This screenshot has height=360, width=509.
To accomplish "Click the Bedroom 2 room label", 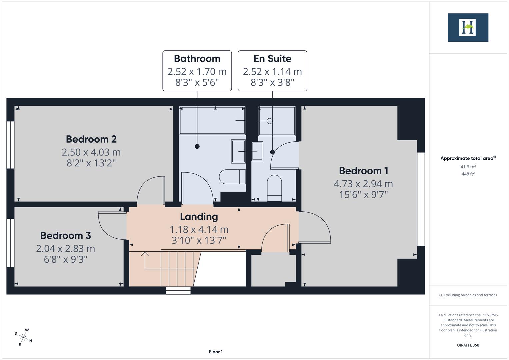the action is (x=91, y=139).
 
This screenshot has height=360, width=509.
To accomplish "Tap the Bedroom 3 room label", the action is (x=65, y=235).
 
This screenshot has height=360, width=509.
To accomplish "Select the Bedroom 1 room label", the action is (x=363, y=171).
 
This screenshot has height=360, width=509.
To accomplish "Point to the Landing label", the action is (x=199, y=217).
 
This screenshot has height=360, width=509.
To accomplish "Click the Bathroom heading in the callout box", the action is (x=197, y=59).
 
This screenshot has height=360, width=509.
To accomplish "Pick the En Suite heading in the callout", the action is (x=272, y=59).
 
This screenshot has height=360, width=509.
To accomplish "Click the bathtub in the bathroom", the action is (x=212, y=120).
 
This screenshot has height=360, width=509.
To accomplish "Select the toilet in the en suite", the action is (x=274, y=188).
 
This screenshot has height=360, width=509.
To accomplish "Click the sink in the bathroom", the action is (x=238, y=151).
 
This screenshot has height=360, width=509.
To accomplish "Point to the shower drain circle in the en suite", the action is (x=269, y=121).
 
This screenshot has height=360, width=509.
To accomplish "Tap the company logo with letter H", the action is (x=468, y=27).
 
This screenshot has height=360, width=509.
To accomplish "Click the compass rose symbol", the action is (x=23, y=337).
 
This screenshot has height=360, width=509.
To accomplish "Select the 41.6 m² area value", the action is (x=468, y=167).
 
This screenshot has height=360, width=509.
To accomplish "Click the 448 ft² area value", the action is (x=468, y=174).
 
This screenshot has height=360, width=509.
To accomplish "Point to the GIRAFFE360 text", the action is (x=468, y=345).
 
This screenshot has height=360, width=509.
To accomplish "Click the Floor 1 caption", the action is (x=216, y=352).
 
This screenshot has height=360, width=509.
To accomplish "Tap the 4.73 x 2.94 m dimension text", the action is (x=363, y=184).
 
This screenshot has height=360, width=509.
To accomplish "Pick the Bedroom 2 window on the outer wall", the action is (x=10, y=145).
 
